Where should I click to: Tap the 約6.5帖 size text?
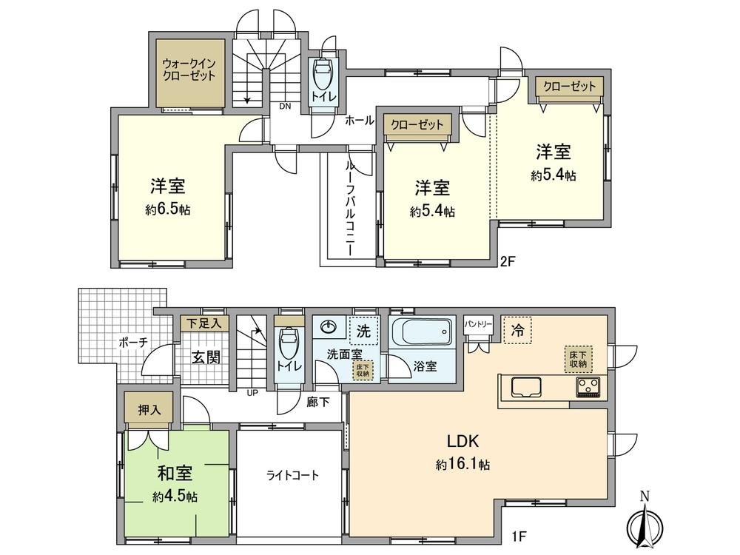(168, 209)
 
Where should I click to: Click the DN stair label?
(285, 106)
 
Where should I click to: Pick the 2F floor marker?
(507, 260)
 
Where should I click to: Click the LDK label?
(464, 442)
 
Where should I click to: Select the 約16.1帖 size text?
(463, 465)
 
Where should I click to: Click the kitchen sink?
(526, 387)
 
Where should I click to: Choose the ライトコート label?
(292, 475)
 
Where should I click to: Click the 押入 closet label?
(149, 409)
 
